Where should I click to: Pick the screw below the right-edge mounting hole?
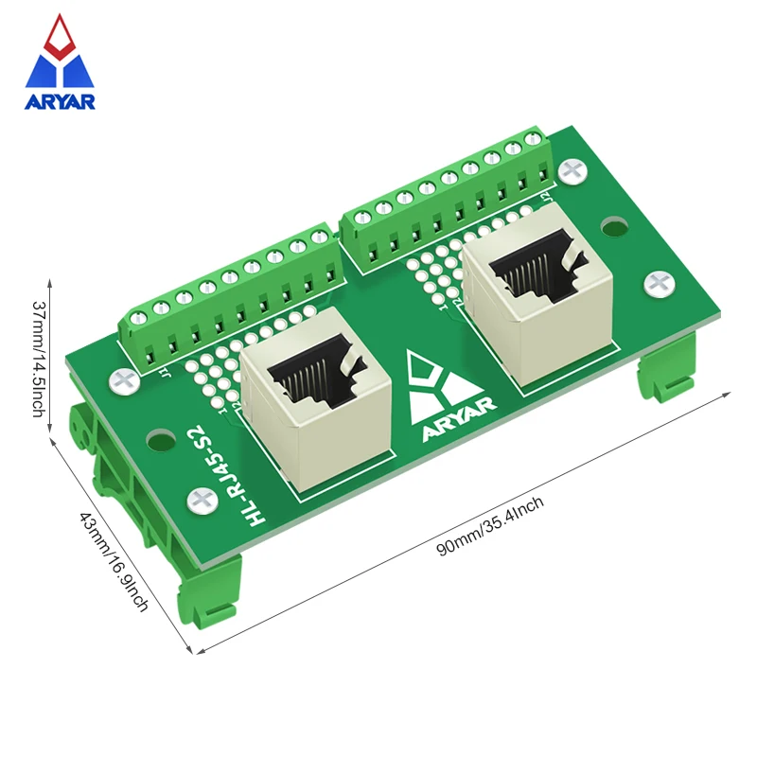[x=657, y=282]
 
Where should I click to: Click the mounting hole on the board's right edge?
[x=615, y=227]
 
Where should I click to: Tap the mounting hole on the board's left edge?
[x=162, y=440]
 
